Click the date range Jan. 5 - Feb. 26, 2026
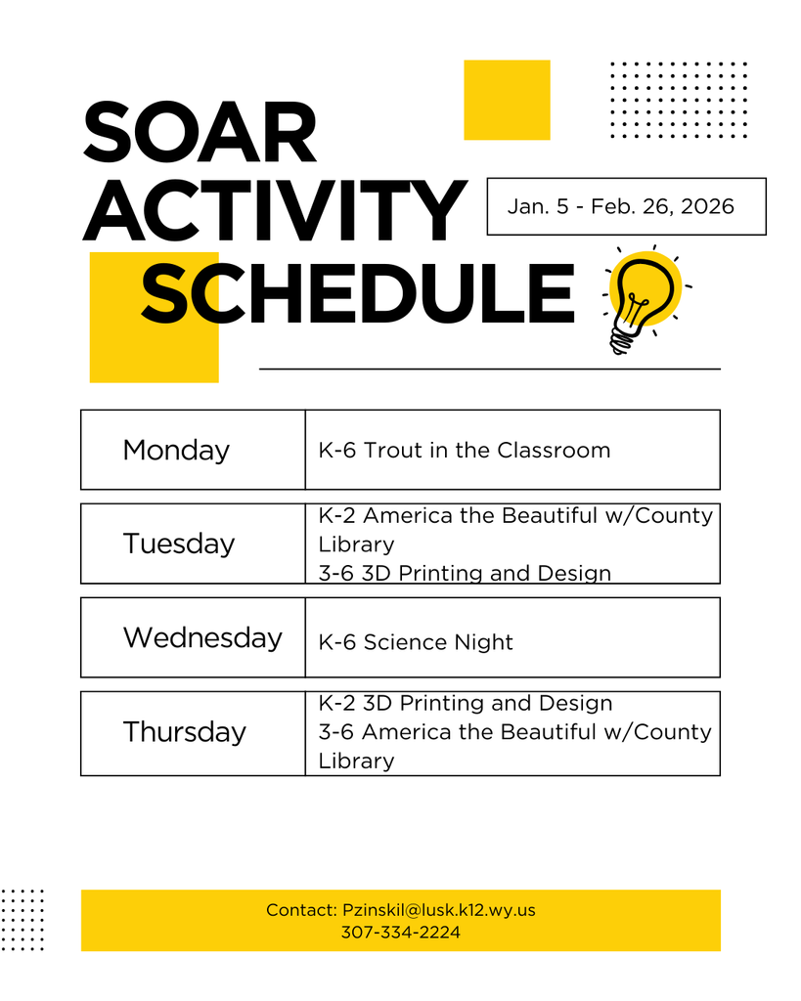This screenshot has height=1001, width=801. click(x=621, y=206)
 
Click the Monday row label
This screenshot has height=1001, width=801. click(x=176, y=450)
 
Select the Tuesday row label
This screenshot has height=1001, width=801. click(x=179, y=544)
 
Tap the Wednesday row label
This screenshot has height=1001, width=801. click(x=202, y=637)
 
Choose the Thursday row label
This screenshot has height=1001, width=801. click(x=184, y=732)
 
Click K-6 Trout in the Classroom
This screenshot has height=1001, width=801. click(x=465, y=451)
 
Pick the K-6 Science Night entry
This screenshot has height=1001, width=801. click(x=416, y=642)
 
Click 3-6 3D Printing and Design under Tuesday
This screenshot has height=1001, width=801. click(x=465, y=573)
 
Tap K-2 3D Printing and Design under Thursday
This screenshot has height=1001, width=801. click(x=466, y=703)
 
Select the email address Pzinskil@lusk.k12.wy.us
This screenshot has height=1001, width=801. click(x=439, y=910)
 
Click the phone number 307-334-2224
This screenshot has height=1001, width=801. click(x=400, y=933)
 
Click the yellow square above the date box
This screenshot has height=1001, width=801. click(x=507, y=100)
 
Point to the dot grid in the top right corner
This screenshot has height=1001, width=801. click(x=678, y=100)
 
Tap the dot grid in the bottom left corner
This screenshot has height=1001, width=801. click(x=22, y=919)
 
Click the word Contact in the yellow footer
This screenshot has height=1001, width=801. click(x=300, y=910)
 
